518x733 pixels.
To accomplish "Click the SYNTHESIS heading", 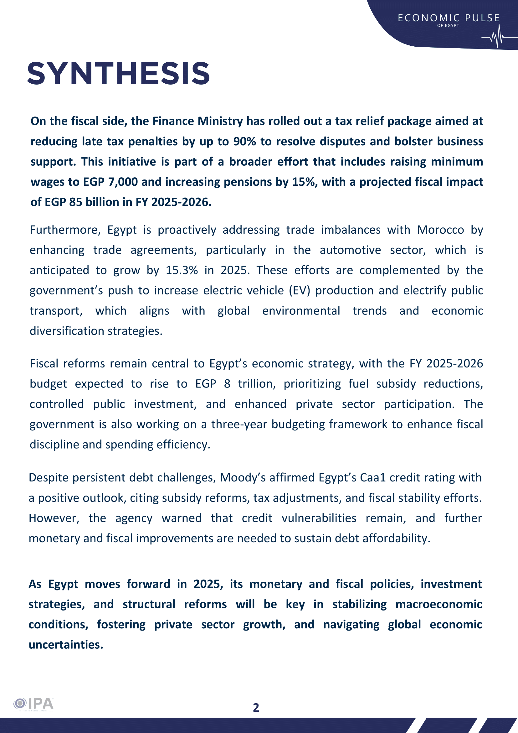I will [118, 74].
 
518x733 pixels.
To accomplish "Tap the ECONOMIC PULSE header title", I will [449, 18].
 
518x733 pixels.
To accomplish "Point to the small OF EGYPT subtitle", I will [448, 26].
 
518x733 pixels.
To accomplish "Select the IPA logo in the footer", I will [33, 704].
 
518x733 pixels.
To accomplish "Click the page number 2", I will [256, 707].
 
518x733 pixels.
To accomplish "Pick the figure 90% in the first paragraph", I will [245, 141].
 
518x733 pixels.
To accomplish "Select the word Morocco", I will [440, 230].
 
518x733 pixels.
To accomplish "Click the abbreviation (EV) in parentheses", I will [300, 290].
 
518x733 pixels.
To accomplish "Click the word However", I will [54, 518].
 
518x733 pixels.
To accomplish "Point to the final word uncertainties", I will [66, 645].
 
